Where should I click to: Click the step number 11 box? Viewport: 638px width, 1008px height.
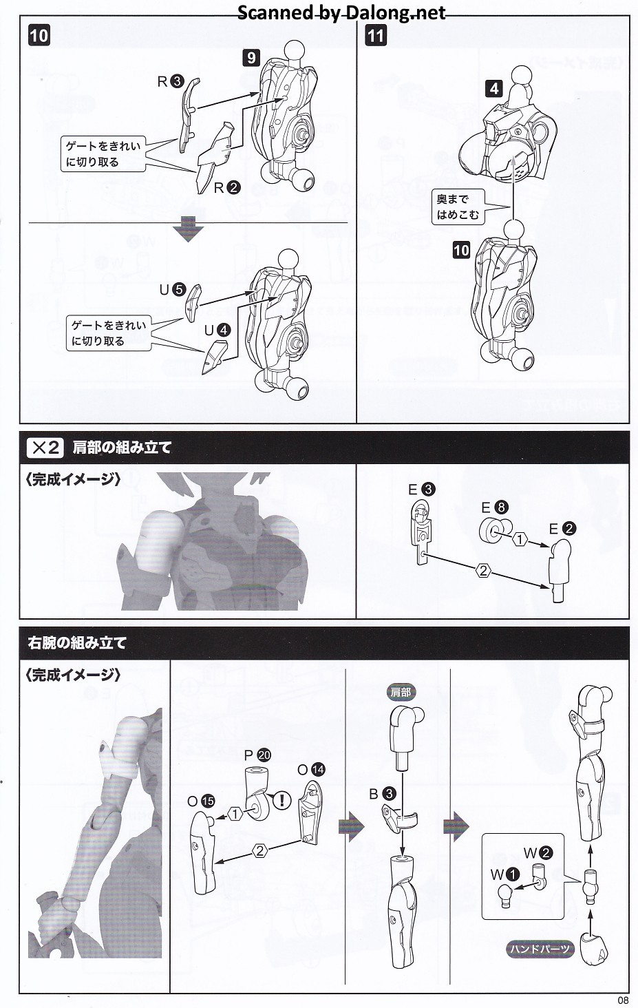376,36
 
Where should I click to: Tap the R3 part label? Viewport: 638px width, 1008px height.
171,81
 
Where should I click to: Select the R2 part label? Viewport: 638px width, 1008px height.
226,188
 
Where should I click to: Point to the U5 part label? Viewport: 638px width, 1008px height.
173,290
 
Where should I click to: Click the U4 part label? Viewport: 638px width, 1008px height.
217,330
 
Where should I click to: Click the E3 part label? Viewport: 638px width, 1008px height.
422,489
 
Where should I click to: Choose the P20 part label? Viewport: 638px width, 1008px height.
257,755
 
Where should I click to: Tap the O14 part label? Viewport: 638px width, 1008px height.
311,770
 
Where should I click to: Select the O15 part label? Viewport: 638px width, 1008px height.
201,801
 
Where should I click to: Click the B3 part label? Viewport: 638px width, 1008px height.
383,793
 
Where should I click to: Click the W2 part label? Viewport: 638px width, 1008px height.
538,853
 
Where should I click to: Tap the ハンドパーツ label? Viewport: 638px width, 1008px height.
540,949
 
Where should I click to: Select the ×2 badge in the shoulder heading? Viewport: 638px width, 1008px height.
45,448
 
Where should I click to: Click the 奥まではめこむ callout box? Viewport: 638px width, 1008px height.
458,207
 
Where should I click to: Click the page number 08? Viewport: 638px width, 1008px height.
623,1000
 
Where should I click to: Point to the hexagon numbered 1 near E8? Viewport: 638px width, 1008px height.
520,538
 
